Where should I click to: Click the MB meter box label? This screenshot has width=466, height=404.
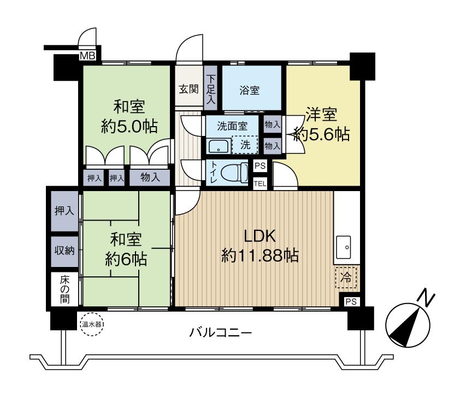(x=87, y=56)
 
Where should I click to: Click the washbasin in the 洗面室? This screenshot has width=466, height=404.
(x=219, y=146)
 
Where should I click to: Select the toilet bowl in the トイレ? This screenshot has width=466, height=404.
(x=236, y=174)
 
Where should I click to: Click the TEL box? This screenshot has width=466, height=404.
(x=259, y=183)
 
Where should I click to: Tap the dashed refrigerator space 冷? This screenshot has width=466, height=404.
(x=345, y=277)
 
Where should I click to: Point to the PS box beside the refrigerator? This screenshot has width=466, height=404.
(x=350, y=301)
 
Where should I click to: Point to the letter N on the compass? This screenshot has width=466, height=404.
(x=426, y=297)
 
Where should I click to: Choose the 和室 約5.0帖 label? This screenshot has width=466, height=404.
(x=129, y=116)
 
